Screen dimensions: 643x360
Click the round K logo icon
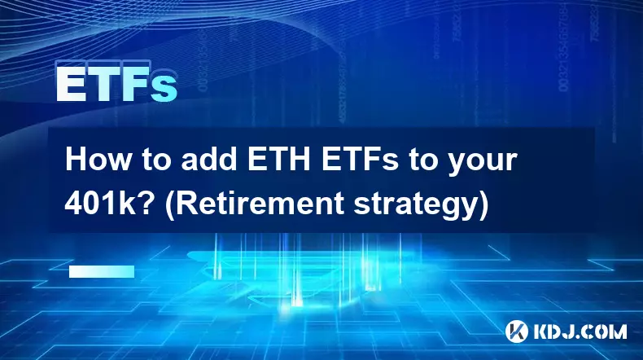tap(517, 331)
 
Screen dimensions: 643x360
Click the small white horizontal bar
tap(102, 271)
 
